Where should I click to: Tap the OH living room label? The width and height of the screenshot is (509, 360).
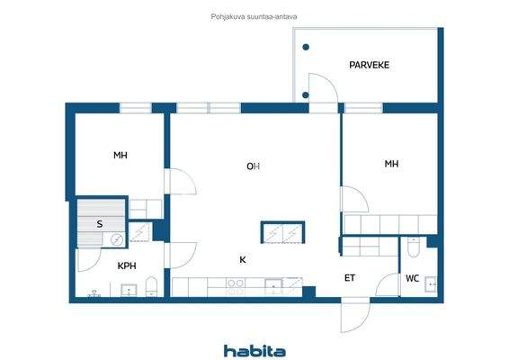[254, 166]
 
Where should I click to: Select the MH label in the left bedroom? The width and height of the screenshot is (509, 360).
[121, 156]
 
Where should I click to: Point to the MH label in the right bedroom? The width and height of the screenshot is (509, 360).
[391, 164]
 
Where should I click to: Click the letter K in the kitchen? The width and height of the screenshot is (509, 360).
[242, 260]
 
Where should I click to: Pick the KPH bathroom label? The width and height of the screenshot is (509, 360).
[127, 265]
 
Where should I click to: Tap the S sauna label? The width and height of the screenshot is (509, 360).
[99, 224]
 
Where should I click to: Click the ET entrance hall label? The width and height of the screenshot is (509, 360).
[349, 278]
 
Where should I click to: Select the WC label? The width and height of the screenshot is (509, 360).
[412, 278]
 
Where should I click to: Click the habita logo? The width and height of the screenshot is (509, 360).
[254, 349]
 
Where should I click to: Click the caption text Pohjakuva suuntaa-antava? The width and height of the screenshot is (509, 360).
[254, 15]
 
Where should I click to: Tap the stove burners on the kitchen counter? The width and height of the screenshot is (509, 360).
[235, 286]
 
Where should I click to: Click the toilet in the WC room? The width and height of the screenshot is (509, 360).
[412, 247]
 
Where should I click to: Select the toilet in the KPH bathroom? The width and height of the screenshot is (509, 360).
[151, 288]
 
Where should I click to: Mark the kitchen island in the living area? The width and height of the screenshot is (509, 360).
[282, 232]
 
